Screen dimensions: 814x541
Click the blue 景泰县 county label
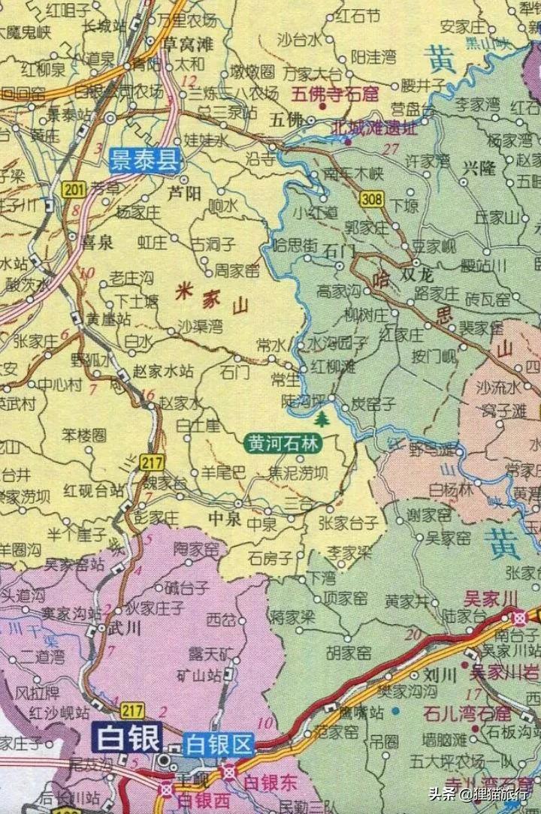point(147,160)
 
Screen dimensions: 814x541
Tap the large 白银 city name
point(128,739)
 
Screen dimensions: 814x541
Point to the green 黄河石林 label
point(283,444)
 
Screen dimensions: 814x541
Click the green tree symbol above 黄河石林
point(322,418)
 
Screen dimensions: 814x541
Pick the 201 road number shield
point(74,191)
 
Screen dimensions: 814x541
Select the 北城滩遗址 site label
point(373,128)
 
